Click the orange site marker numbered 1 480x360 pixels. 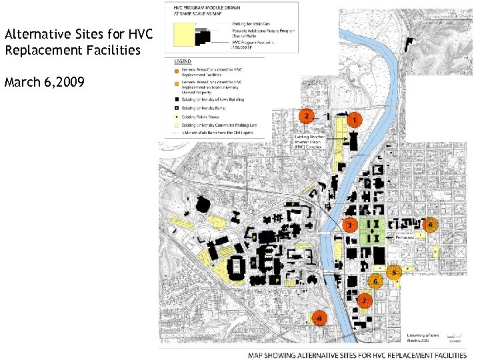[x=353, y=121]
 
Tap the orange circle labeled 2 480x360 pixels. [x=306, y=117]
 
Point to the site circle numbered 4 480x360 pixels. [x=431, y=225]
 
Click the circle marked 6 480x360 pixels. [x=375, y=281]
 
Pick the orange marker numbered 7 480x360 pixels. [x=364, y=301]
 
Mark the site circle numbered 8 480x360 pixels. [x=320, y=319]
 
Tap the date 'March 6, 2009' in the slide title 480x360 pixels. [x=44, y=83]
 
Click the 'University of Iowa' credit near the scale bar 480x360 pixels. [x=423, y=334]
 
